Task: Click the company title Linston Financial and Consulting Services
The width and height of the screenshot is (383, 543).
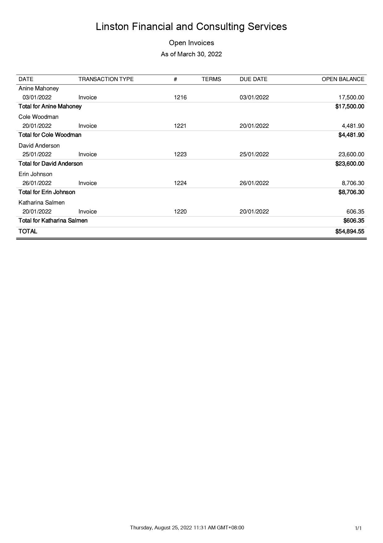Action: pyautogui.click(x=191, y=27)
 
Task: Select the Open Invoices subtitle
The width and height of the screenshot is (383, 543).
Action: pyautogui.click(x=191, y=43)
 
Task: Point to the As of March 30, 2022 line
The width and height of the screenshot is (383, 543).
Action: pyautogui.click(x=191, y=54)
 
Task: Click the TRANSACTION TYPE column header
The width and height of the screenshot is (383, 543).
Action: pyautogui.click(x=106, y=79)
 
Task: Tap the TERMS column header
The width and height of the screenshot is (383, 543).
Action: pyautogui.click(x=211, y=79)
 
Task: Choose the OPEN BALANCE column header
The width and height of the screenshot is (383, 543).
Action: pyautogui.click(x=343, y=79)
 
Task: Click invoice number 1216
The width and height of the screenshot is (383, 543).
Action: pyautogui.click(x=180, y=97)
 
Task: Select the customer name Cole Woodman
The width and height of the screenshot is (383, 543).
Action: pyautogui.click(x=38, y=117)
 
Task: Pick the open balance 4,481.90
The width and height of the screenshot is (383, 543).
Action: pyautogui.click(x=353, y=126)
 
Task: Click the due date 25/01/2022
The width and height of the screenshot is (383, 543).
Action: pyautogui.click(x=254, y=154)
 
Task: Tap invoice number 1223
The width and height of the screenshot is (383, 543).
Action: pyautogui.click(x=180, y=154)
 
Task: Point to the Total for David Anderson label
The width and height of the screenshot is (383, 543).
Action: pyautogui.click(x=50, y=163)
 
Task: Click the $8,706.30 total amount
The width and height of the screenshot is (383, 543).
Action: pyautogui.click(x=351, y=192)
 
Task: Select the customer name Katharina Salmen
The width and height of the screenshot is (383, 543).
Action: pyautogui.click(x=41, y=203)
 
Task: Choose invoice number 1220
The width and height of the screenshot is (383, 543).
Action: pyautogui.click(x=180, y=212)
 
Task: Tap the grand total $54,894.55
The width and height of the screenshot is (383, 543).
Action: pyautogui.click(x=350, y=231)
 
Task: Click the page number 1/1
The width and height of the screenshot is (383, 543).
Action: pyautogui.click(x=358, y=528)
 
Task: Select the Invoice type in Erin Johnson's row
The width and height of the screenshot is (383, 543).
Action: pyautogui.click(x=87, y=183)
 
